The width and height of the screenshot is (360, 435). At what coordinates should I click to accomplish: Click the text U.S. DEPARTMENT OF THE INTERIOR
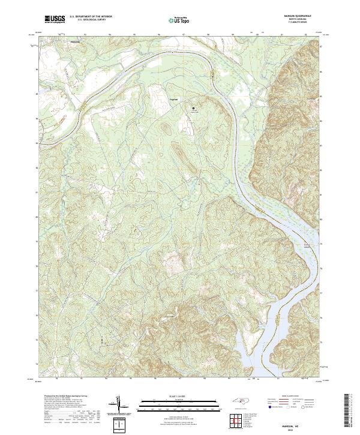[91, 17]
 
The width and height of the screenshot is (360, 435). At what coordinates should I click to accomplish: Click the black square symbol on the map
[193, 108]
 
